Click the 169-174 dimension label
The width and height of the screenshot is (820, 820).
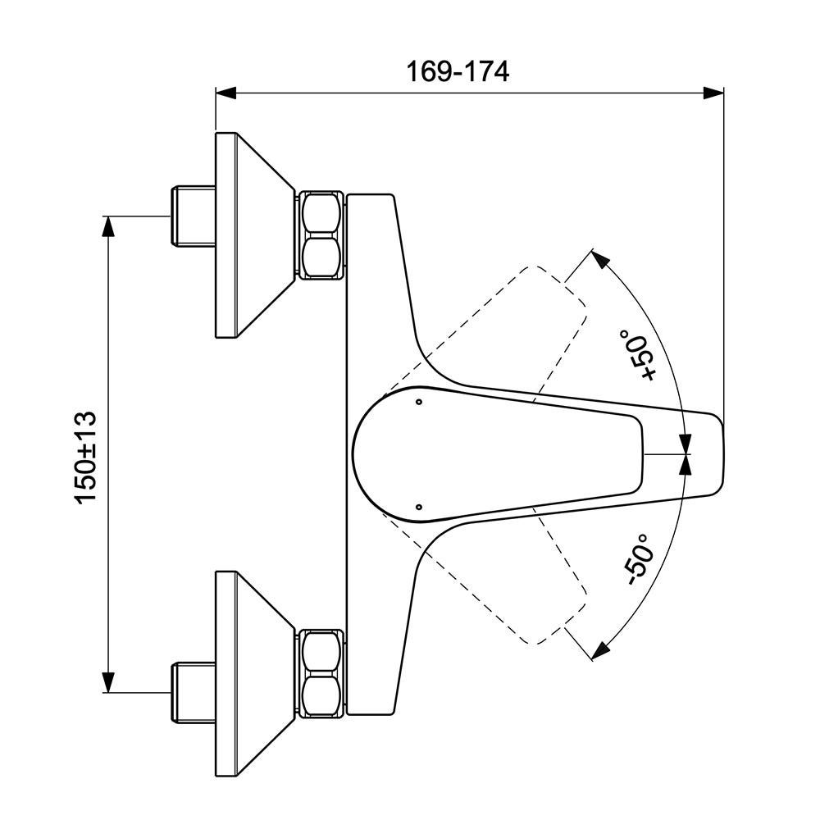click(458, 71)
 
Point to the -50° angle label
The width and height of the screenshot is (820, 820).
click(638, 558)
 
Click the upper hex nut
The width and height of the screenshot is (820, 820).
click(321, 235)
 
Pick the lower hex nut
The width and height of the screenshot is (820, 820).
click(321, 674)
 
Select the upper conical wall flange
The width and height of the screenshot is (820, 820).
click(250, 235)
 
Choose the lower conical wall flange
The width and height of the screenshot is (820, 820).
click(250, 674)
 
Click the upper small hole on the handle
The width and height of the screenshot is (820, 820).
click(419, 402)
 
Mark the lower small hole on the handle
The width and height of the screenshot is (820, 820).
click(419, 507)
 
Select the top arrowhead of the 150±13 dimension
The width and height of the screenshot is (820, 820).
click(107, 226)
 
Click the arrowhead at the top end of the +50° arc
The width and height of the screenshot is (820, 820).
click(600, 261)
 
